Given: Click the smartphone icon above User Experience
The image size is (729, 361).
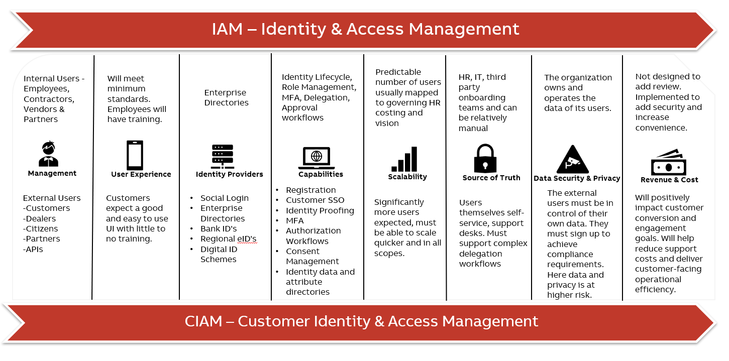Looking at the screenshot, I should coord(135,155).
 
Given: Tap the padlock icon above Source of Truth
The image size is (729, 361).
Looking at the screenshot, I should coord(485,158).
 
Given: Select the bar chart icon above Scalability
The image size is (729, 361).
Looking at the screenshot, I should coord(404,159).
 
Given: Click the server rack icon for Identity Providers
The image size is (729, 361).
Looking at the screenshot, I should coord(222,156).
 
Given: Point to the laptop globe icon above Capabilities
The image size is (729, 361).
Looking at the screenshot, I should coord(316,158).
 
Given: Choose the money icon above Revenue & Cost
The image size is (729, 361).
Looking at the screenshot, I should coord(669,162).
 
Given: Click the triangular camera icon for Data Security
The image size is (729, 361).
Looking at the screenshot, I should coord(573,160).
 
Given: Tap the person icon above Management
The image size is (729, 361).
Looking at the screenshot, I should coord(49,154).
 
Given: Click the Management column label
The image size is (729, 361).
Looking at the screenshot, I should coord(52,173).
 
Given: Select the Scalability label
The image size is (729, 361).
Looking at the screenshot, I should coord(407,177).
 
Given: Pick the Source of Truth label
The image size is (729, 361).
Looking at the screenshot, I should coord(491,178).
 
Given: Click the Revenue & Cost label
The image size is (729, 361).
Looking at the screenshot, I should coord(669,180).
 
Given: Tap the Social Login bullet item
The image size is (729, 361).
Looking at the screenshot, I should coord(225,198).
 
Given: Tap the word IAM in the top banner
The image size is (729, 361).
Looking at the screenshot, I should coord(228,29).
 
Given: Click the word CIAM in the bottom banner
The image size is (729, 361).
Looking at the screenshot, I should coord(203,321).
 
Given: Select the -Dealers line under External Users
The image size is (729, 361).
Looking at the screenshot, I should coord(41,218).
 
